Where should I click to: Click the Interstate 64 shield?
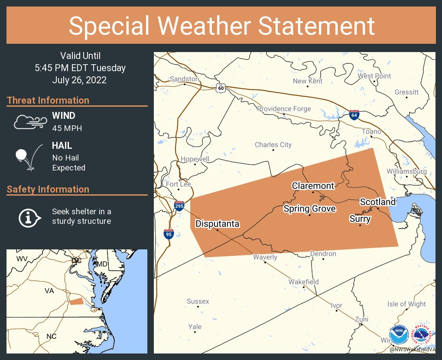click(x=354, y=115)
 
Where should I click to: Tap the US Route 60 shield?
click(x=221, y=88)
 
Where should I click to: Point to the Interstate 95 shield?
click(x=169, y=234)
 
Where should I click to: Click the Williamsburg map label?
click(x=407, y=171)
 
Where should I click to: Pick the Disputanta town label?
click(x=217, y=224)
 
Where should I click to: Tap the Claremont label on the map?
click(x=313, y=186)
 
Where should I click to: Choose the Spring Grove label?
click(x=309, y=209)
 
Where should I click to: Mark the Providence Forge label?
click(x=284, y=108)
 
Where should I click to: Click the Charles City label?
click(x=273, y=145)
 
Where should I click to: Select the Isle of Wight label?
click(x=406, y=304)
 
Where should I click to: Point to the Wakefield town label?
click(x=303, y=282)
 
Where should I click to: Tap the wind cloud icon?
click(x=29, y=122)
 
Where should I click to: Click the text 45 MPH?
click(x=67, y=128)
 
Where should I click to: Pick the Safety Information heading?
click(x=48, y=189)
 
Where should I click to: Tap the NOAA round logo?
click(x=398, y=335)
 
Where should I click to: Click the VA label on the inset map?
click(x=49, y=291)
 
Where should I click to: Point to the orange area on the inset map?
click(x=76, y=301)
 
